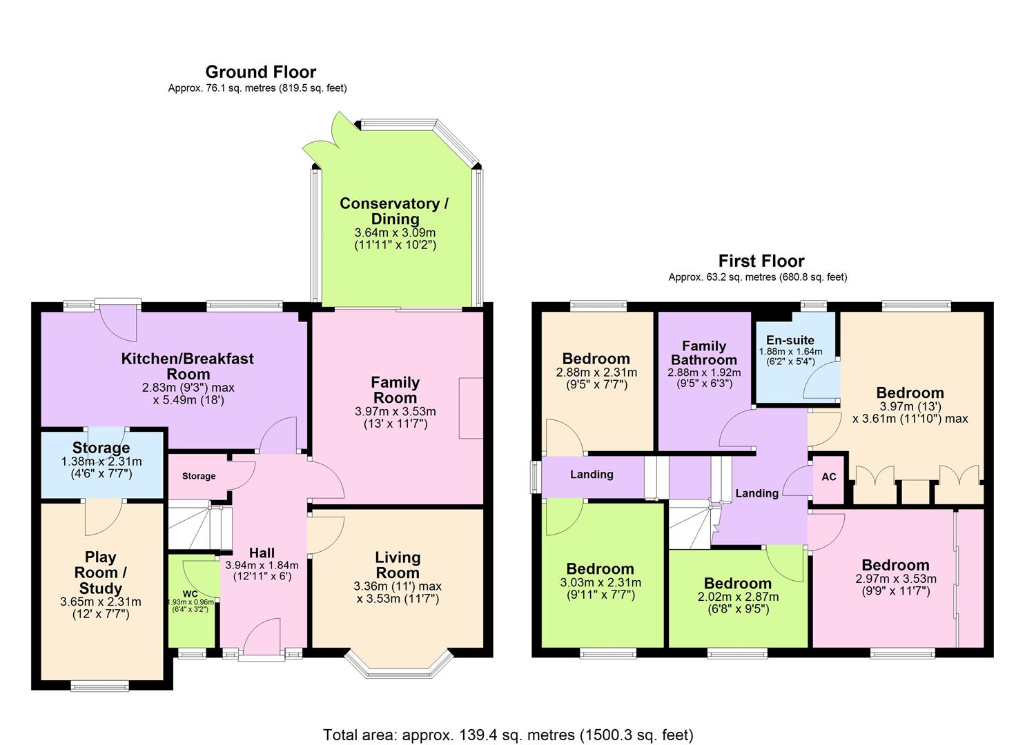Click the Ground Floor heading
tap(260, 72)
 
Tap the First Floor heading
tap(761, 261)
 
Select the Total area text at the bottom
tap(508, 735)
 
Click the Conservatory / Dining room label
tap(394, 211)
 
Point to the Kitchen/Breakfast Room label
tap(187, 366)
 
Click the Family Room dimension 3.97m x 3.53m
tap(396, 412)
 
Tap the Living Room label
tap(398, 565)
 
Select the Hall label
tap(262, 553)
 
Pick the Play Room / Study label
tap(101, 573)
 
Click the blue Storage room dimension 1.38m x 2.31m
tap(101, 462)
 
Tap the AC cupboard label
tap(829, 477)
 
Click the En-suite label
tap(790, 340)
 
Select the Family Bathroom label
tap(704, 352)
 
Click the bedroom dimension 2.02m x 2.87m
tap(738, 597)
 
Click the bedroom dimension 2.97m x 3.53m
tap(895, 579)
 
